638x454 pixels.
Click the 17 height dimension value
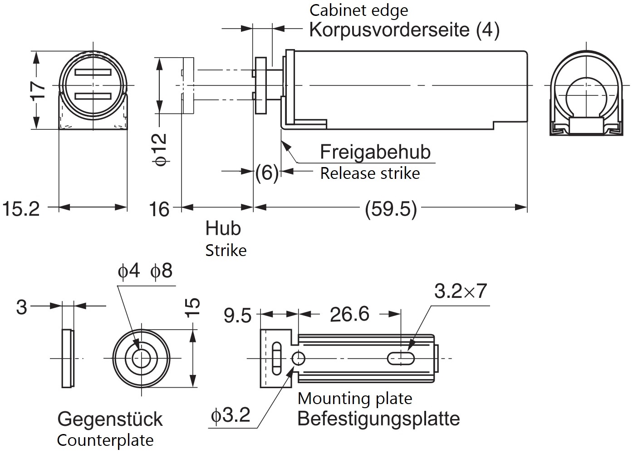click(39, 90)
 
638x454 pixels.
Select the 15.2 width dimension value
click(21, 209)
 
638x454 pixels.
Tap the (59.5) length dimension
click(391, 209)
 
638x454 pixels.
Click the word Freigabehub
click(375, 152)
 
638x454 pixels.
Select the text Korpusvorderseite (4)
click(404, 30)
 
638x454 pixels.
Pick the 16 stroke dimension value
click(159, 209)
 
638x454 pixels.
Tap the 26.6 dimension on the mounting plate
click(349, 314)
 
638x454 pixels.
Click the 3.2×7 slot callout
click(460, 291)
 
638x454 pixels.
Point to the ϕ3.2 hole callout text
click(231, 415)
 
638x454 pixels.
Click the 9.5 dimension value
click(237, 316)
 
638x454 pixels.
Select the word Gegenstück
click(110, 419)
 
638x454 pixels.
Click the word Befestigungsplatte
click(378, 419)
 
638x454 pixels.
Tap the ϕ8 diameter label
click(162, 271)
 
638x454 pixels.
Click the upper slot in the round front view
click(93, 73)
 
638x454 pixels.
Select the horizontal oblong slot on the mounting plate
click(401, 359)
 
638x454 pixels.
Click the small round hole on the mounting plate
click(298, 359)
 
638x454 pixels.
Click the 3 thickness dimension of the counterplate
click(21, 307)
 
